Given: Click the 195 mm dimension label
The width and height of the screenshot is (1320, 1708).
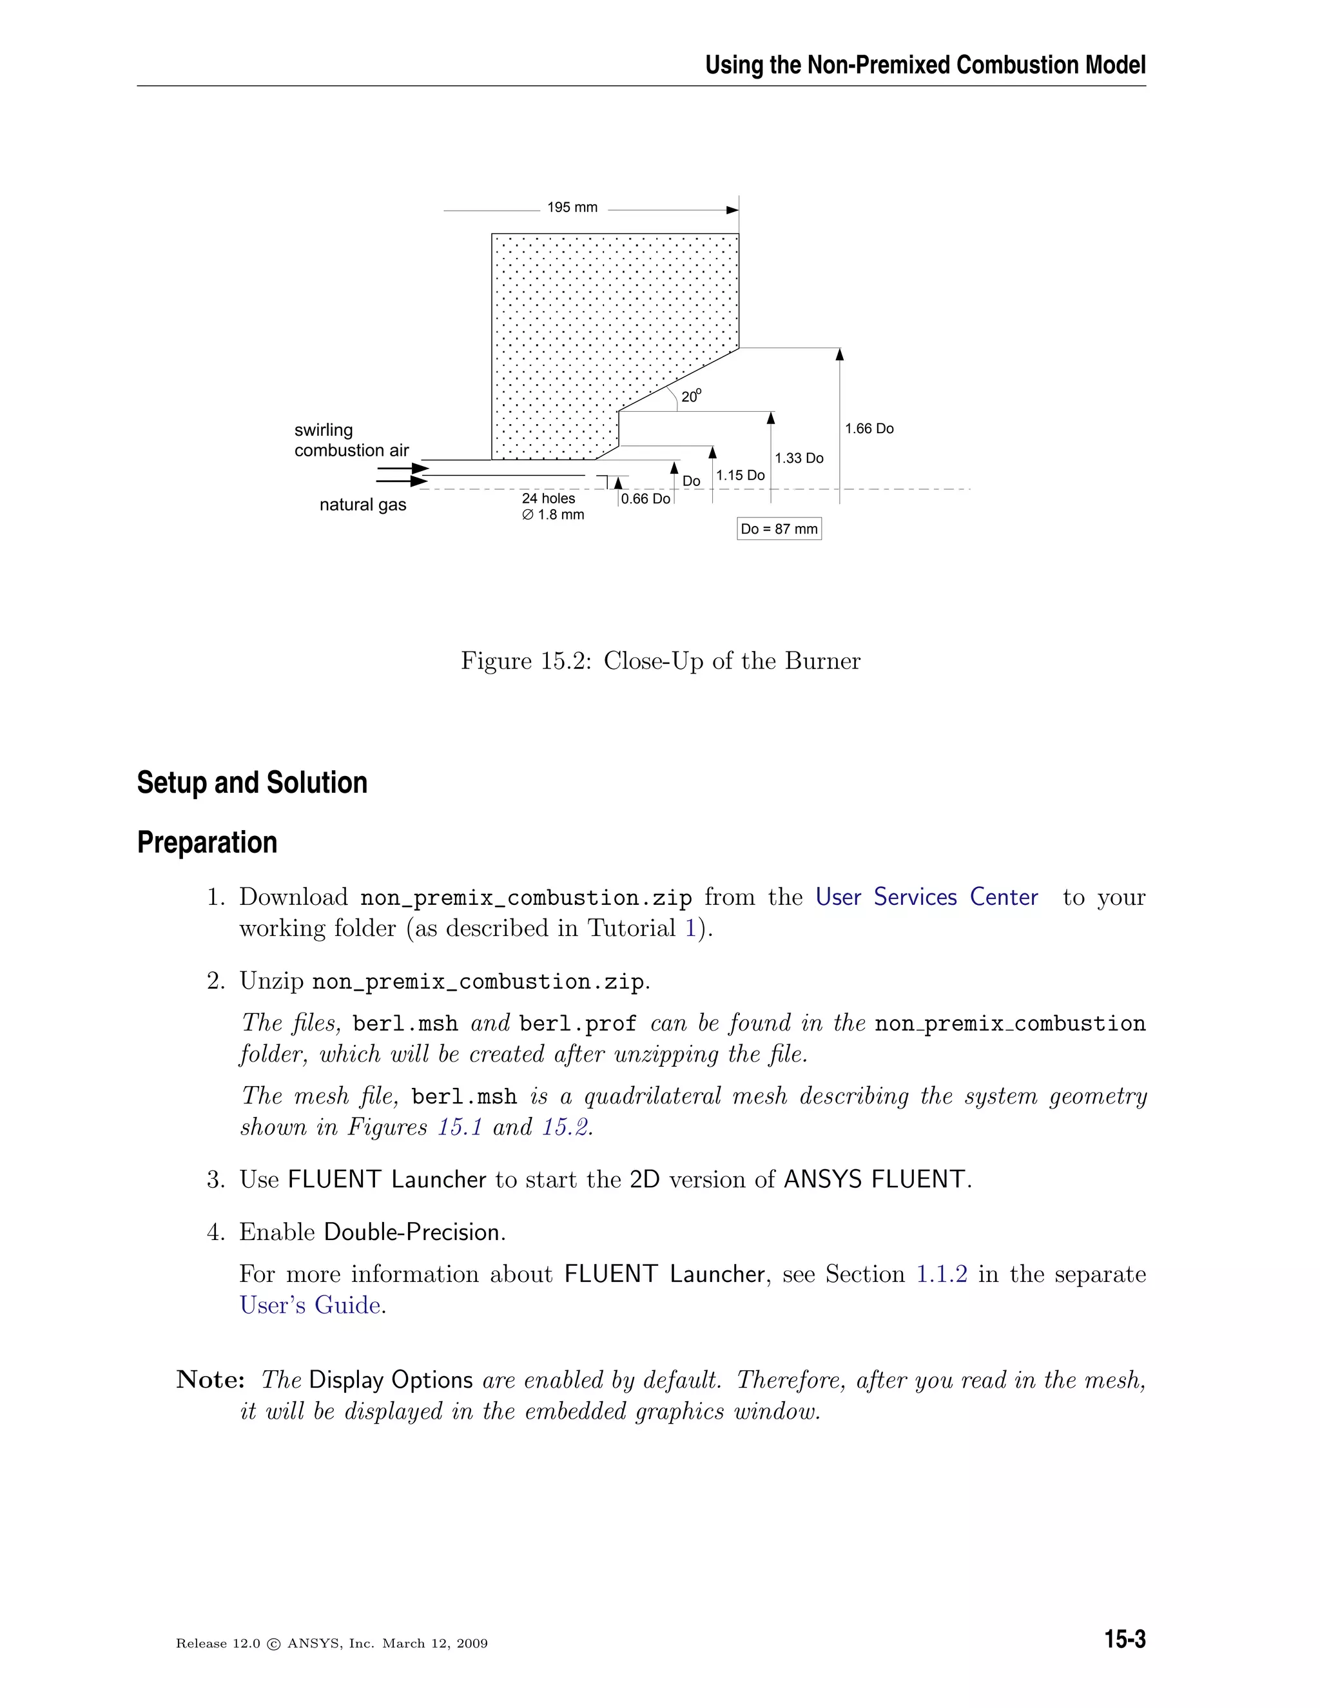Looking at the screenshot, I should click(x=572, y=208).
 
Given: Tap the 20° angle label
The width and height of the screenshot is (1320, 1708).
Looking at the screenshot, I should click(x=690, y=396).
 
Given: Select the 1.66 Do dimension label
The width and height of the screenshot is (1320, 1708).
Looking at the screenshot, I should click(x=869, y=429).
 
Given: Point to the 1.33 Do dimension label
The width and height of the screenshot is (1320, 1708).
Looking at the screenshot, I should click(x=799, y=458).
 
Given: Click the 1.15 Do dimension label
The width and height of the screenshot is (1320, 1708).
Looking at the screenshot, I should click(x=740, y=476).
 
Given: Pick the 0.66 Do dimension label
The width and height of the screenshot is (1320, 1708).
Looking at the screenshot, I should click(x=645, y=499).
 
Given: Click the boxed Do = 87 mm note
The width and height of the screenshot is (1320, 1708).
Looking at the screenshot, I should click(x=779, y=529).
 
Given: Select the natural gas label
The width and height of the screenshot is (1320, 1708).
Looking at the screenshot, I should click(x=363, y=505).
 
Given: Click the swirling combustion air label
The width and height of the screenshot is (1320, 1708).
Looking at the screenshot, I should click(x=351, y=440).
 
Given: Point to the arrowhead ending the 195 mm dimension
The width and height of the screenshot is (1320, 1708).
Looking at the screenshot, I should click(x=733, y=210).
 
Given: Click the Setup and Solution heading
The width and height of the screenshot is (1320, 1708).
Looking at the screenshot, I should click(x=252, y=783).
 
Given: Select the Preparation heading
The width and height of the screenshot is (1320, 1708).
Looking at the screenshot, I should click(x=208, y=843).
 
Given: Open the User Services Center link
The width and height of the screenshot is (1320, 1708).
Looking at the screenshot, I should click(x=926, y=897).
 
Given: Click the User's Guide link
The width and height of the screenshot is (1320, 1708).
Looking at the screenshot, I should click(x=311, y=1305).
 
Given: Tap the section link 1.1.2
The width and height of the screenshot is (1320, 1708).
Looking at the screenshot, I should click(x=941, y=1274).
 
